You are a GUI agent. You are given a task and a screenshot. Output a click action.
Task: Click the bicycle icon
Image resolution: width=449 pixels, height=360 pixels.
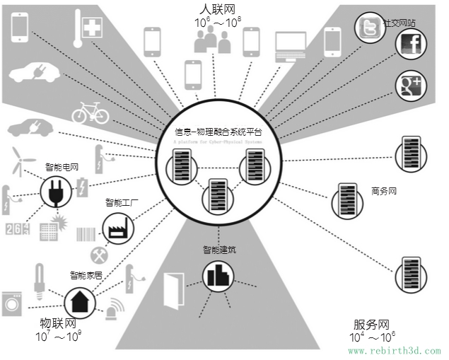click(x=91, y=112)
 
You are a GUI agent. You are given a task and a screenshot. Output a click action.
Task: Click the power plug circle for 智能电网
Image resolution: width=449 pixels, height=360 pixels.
click(x=54, y=191)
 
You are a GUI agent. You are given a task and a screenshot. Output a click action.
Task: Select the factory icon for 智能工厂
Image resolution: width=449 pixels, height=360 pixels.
click(x=115, y=228)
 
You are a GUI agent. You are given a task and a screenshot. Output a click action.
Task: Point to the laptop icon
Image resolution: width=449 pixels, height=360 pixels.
click(x=290, y=45)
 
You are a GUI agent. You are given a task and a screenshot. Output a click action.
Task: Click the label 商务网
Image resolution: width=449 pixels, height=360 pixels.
click(x=385, y=191)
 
